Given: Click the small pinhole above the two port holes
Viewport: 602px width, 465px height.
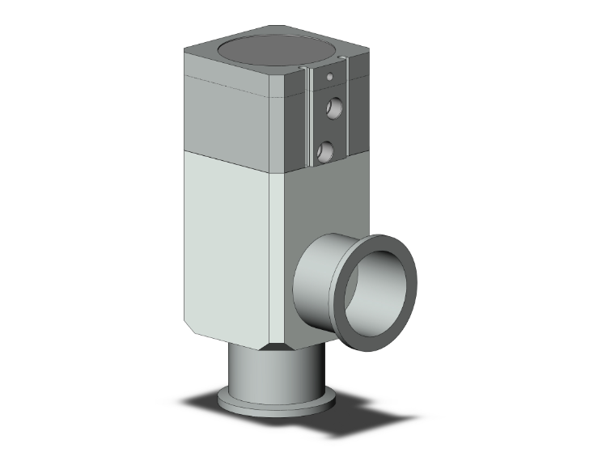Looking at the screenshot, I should coord(330,77).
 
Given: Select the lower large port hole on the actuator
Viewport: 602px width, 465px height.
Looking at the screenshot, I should coord(326,150).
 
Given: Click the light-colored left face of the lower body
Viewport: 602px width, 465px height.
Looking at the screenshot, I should coord(223,243).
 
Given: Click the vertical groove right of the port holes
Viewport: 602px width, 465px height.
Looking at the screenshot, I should coord(348,113).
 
